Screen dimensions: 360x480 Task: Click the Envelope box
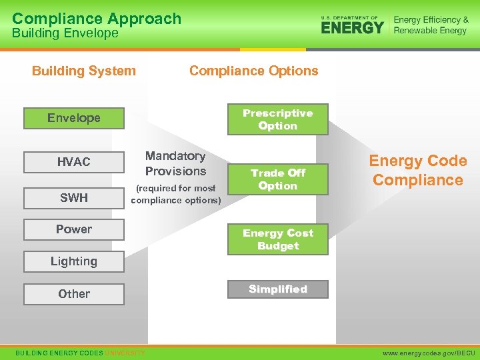click(74, 118)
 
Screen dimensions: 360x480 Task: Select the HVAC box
click(74, 162)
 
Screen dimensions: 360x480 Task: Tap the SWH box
click(74, 198)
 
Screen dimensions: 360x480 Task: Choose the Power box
click(74, 229)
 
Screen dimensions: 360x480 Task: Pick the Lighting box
click(74, 261)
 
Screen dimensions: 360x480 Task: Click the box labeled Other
click(74, 293)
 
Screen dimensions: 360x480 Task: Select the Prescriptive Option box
click(278, 119)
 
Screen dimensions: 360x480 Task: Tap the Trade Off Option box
click(278, 179)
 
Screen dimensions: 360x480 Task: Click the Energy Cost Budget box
click(278, 239)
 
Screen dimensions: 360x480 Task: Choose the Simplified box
click(278, 289)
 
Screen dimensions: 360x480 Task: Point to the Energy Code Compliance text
click(418, 170)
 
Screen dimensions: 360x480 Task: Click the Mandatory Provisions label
click(175, 163)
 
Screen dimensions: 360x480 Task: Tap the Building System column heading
click(84, 71)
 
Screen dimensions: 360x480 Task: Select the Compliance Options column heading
click(254, 71)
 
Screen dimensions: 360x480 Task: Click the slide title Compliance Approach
click(97, 18)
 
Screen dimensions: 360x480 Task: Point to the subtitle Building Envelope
click(65, 33)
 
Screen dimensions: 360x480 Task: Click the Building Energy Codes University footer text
click(80, 353)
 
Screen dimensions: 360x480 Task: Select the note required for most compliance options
click(176, 194)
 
